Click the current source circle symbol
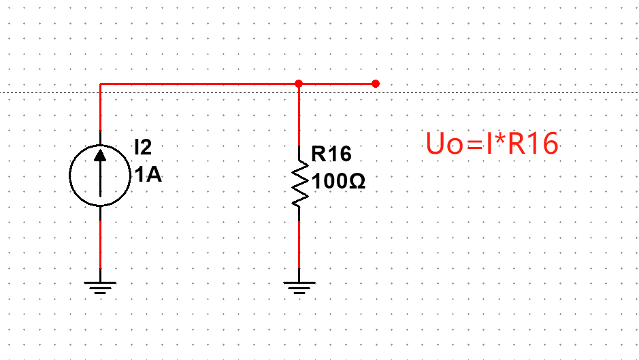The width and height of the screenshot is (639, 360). (x=100, y=176)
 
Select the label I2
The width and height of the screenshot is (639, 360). (x=143, y=146)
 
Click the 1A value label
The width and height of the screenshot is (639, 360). (x=148, y=176)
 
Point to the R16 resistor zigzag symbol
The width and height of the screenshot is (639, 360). (x=299, y=182)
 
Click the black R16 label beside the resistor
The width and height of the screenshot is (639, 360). (x=331, y=154)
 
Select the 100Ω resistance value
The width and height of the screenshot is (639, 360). (x=339, y=182)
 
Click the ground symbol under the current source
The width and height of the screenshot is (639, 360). (x=100, y=286)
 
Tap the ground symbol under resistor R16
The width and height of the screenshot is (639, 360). (x=299, y=286)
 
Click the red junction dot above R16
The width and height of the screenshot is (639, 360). (x=299, y=84)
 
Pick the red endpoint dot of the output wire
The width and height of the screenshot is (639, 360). (x=376, y=84)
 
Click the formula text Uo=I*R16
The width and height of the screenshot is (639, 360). (x=491, y=144)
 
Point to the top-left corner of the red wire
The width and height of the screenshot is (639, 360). (x=101, y=84)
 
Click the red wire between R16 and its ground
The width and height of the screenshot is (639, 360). (x=299, y=245)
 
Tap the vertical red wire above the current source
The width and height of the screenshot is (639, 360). (x=100, y=109)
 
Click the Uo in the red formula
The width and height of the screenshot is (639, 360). (x=442, y=144)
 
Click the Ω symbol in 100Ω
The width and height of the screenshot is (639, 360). (x=358, y=182)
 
